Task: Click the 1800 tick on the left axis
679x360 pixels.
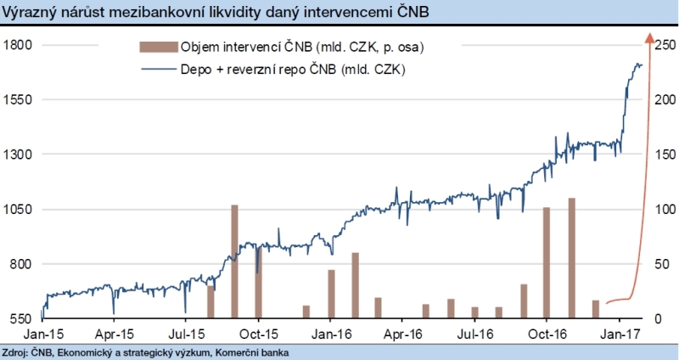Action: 17,44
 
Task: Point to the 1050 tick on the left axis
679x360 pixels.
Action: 17,209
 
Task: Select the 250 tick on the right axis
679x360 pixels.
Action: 664,44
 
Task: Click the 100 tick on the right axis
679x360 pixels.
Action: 664,209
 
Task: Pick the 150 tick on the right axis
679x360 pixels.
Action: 664,155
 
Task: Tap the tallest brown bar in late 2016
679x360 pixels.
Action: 572,258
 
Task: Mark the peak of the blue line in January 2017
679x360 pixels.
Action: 638,64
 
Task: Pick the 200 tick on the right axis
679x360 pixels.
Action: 664,99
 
